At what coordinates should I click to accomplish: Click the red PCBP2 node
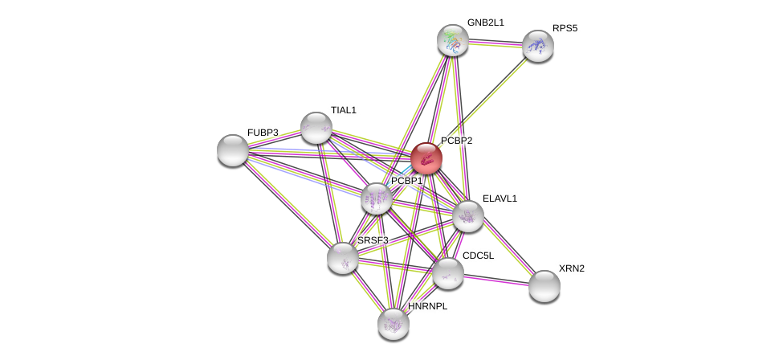(x=426, y=158)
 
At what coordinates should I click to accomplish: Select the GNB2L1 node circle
(x=453, y=40)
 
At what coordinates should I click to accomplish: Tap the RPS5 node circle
(x=538, y=46)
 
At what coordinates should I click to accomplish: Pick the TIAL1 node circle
(x=316, y=128)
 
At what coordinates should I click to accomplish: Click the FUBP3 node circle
(x=233, y=150)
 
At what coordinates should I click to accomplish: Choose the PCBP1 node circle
(x=376, y=198)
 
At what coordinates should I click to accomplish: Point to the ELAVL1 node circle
(x=468, y=216)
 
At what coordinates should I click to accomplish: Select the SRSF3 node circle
(x=343, y=258)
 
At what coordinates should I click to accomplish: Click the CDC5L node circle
(x=448, y=273)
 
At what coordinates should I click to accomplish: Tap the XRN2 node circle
(x=544, y=286)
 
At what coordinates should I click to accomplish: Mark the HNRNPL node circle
(x=394, y=324)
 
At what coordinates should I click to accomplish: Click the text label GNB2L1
(x=486, y=22)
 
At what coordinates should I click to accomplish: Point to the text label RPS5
(x=565, y=28)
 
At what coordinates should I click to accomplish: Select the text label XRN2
(x=571, y=268)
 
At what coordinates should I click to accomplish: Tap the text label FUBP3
(x=263, y=133)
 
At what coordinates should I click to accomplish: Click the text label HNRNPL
(x=427, y=306)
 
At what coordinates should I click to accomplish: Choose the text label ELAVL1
(x=500, y=198)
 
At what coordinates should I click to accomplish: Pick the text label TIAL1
(x=343, y=110)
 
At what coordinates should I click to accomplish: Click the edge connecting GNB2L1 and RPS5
(x=495, y=43)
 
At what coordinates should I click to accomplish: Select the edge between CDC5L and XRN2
(x=496, y=280)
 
